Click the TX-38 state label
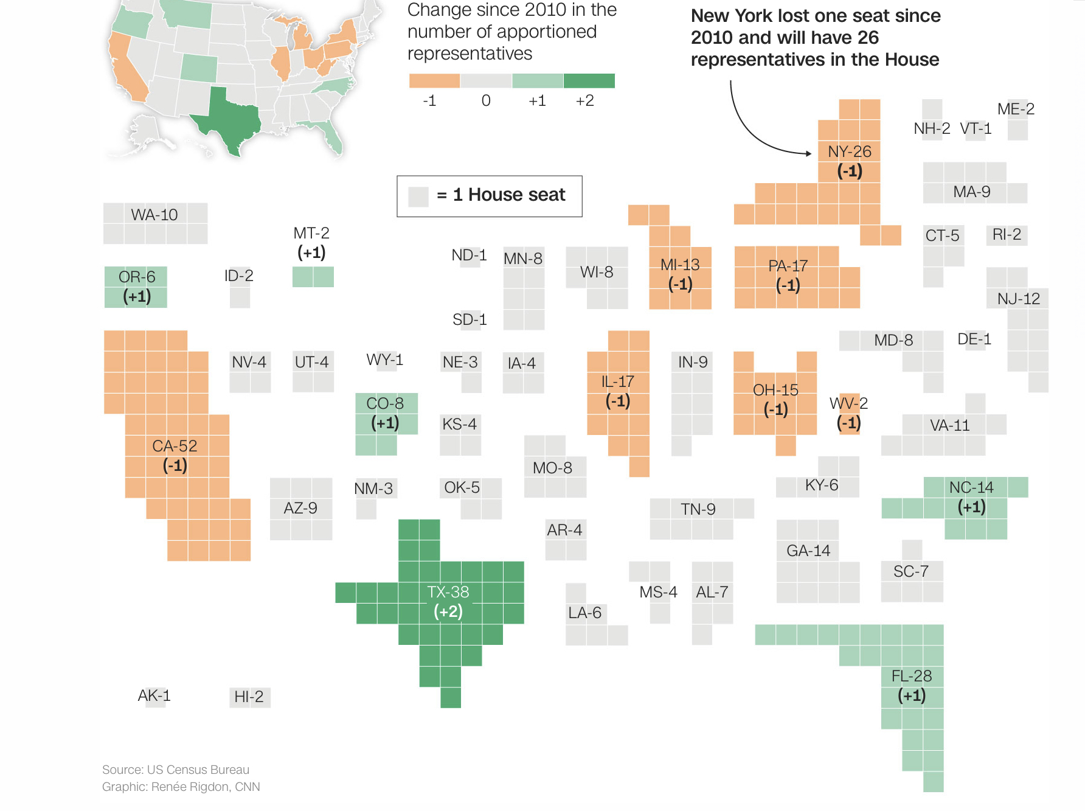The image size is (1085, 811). click(448, 592)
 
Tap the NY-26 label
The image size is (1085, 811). click(849, 151)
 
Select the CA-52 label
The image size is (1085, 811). click(175, 446)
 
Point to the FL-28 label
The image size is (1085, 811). click(911, 676)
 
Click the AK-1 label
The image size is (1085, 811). click(154, 695)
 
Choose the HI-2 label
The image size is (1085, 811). click(249, 697)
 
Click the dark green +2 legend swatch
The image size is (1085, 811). click(589, 81)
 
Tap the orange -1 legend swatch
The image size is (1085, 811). click(434, 81)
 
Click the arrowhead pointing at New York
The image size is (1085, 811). click(808, 153)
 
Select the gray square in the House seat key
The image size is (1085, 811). click(418, 197)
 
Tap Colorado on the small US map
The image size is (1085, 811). click(199, 68)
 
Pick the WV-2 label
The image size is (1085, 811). click(848, 403)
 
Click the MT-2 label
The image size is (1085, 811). click(311, 233)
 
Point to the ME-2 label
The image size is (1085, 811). click(1016, 109)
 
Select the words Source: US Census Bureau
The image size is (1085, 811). click(176, 770)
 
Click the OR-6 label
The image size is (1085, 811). click(137, 277)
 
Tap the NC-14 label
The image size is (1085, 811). click(971, 487)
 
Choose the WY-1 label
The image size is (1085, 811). click(384, 360)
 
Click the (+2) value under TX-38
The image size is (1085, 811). click(448, 611)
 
